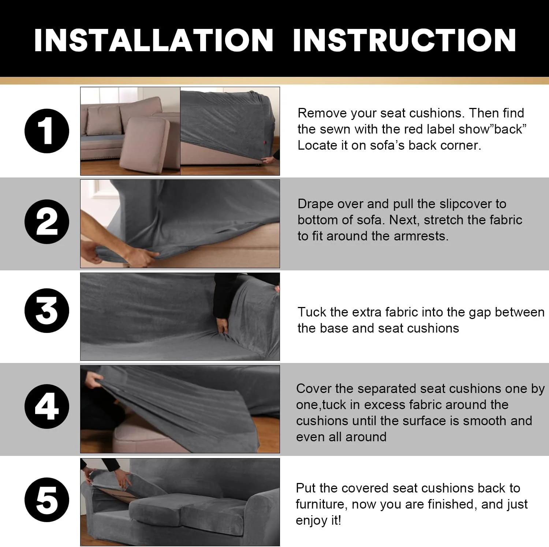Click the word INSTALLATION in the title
coord(154,40)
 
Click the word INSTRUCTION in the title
coord(404,40)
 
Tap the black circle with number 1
coord(47,131)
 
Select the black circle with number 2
coord(47,222)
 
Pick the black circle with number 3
coord(47,311)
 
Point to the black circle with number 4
coord(47,406)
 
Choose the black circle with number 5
coord(47,500)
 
